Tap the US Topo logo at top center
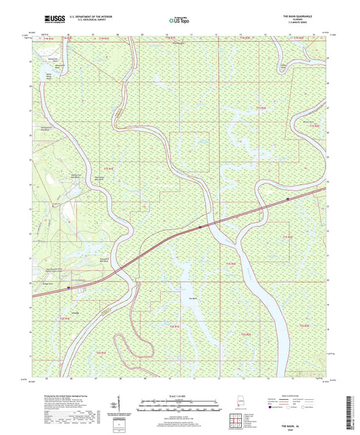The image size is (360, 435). coord(178,21)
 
